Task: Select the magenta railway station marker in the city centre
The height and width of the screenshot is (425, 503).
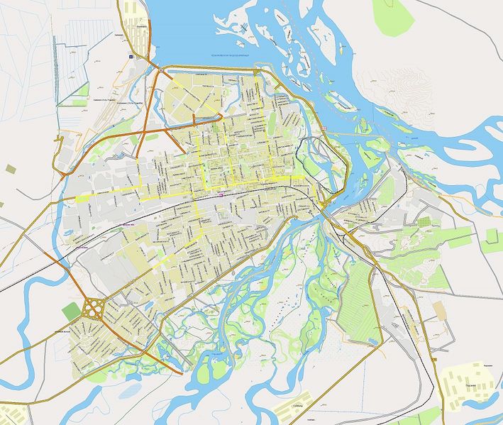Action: pyautogui.click(x=222, y=191)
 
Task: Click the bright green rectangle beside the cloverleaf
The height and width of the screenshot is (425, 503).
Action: pyautogui.click(x=71, y=311)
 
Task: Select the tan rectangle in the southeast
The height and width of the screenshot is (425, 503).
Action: pyautogui.click(x=440, y=309)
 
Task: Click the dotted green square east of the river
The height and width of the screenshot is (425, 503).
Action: pyautogui.click(x=425, y=222)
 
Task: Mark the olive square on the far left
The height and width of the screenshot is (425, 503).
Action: pyautogui.click(x=11, y=169)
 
